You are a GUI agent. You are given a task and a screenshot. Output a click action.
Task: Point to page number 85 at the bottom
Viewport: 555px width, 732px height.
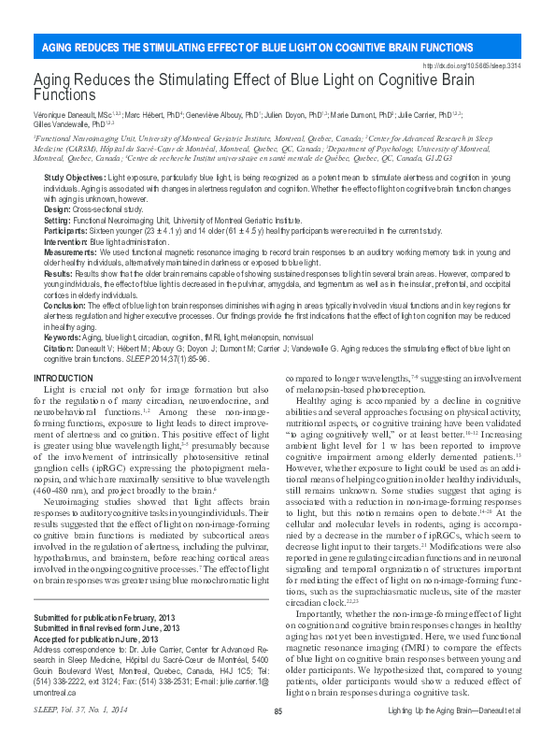[277, 712]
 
